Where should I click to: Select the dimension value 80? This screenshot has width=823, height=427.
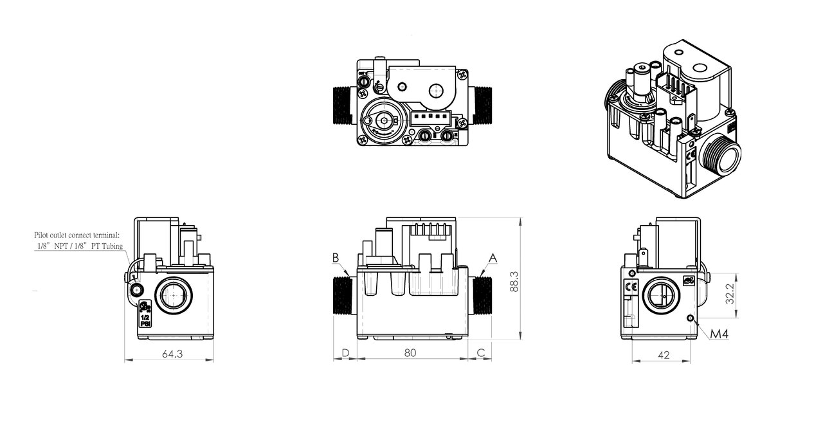click(410, 352)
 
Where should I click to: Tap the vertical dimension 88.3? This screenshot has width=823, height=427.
click(513, 280)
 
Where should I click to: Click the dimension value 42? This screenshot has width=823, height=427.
click(664, 354)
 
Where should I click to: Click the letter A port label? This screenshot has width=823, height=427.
click(493, 258)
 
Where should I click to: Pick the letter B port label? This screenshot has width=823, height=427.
click(335, 257)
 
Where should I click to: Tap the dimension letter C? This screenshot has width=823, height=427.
click(481, 352)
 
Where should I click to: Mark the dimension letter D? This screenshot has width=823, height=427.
click(345, 352)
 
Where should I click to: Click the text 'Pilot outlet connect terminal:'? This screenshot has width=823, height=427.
click(73, 236)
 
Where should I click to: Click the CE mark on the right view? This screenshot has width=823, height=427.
click(631, 287)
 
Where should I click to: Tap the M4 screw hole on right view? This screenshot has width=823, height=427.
click(690, 318)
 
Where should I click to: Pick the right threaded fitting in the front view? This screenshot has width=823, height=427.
click(481, 295)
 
